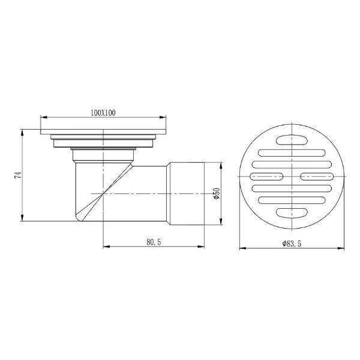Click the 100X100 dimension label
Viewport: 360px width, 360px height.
click(x=103, y=113)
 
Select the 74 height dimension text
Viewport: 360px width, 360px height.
click(x=17, y=175)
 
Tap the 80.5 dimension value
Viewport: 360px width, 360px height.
click(x=154, y=242)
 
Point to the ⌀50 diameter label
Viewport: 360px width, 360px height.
click(x=217, y=194)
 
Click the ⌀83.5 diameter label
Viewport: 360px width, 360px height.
click(x=292, y=244)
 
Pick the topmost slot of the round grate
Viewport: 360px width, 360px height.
click(x=292, y=140)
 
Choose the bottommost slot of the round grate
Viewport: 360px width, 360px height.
click(x=292, y=213)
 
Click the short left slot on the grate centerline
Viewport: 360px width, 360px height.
click(x=266, y=176)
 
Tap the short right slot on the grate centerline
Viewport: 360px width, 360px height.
click(x=317, y=176)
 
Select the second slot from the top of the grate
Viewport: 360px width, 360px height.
click(x=292, y=153)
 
